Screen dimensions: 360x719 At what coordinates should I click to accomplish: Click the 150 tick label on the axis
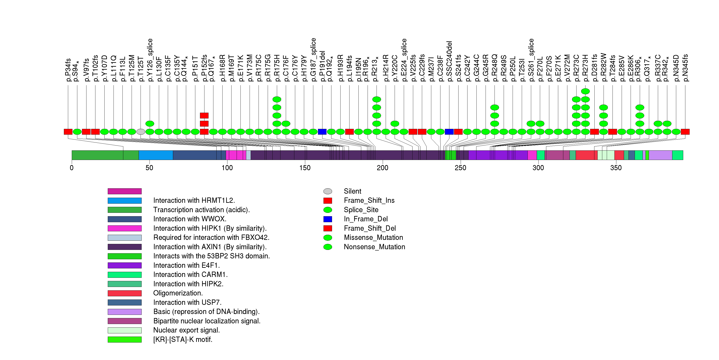305,168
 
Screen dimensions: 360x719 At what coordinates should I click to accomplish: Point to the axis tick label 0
72,168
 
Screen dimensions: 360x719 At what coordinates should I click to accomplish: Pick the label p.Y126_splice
150,60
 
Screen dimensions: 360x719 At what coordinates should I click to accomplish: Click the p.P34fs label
68,70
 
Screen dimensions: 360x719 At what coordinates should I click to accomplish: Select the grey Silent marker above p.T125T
141,132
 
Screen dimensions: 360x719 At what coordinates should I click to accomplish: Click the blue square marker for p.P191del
322,132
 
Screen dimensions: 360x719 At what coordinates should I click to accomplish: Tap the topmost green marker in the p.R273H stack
585,91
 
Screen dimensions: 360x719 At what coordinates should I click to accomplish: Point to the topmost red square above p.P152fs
204,115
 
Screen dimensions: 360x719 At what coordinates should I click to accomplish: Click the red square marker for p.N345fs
685,132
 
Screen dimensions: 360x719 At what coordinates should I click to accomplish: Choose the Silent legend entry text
352,191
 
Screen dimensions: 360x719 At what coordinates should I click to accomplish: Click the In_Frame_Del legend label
366,219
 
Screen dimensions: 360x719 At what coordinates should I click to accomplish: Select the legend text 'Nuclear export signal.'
186,330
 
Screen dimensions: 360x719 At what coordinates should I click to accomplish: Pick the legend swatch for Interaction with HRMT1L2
125,201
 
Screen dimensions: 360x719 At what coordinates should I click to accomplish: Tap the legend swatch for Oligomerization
125,293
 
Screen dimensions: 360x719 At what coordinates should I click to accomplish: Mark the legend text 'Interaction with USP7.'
187,302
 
